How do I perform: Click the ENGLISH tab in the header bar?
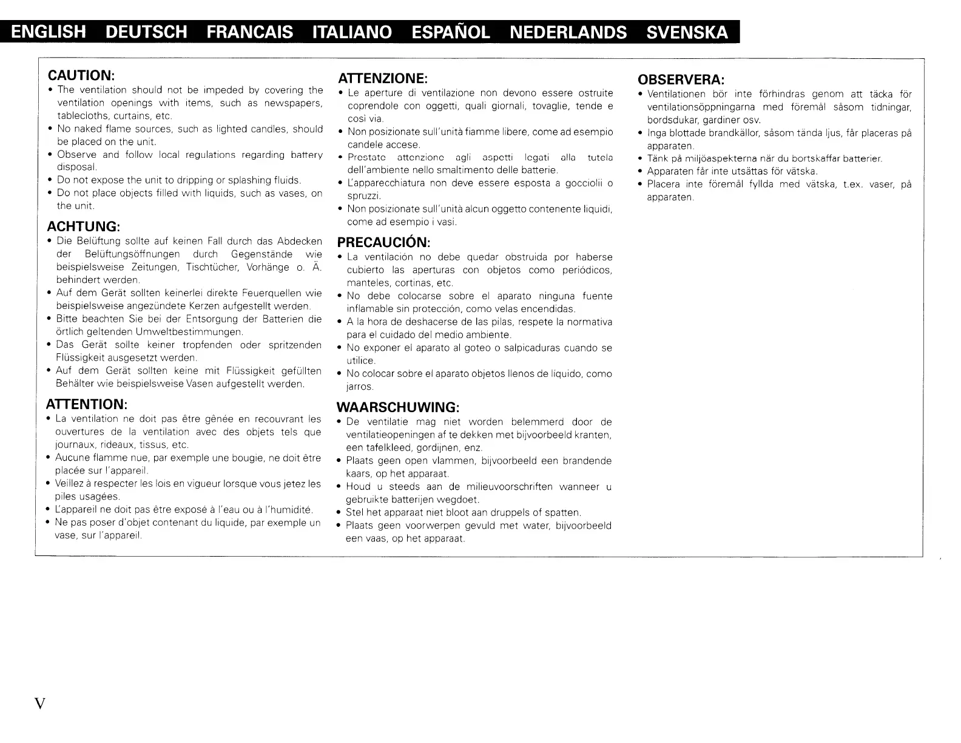49,32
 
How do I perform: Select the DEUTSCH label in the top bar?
146,32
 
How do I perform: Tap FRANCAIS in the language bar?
249,32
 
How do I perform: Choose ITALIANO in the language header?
351,32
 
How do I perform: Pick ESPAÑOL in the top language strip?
450,32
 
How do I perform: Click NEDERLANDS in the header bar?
568,32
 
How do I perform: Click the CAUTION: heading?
81,75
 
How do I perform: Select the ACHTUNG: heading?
84,226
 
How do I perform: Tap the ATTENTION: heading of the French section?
86,404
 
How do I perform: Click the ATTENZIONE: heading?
383,78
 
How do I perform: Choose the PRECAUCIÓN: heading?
383,242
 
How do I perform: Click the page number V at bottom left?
40,704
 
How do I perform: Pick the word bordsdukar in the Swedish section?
673,120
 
